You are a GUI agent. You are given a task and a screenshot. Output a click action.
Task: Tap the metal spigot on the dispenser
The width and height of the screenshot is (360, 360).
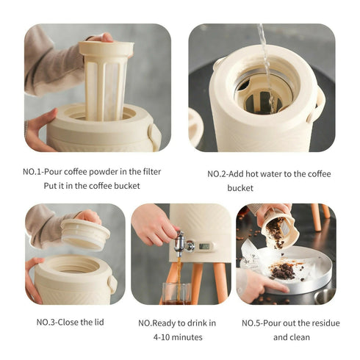click(178, 244)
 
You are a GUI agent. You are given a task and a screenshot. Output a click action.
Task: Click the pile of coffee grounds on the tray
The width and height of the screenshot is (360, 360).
click(282, 271)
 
